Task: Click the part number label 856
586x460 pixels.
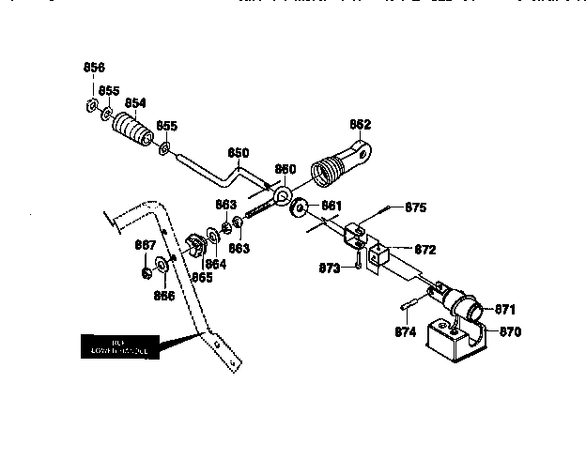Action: pos(94,68)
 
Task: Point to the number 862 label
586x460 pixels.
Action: pos(360,124)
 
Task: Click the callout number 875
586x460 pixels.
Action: pos(415,207)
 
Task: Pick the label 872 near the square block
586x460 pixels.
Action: pos(424,250)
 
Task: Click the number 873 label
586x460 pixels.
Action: pos(329,268)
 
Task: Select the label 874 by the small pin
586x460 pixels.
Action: pos(405,330)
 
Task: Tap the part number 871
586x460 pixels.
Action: pos(505,309)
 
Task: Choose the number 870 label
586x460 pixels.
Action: pos(508,331)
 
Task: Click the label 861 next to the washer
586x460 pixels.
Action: pos(332,204)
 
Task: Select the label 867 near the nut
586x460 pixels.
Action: pos(145,245)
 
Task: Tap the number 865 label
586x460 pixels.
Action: pos(201,277)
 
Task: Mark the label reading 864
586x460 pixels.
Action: pos(215,265)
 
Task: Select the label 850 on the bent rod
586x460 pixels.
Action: pos(239,152)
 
